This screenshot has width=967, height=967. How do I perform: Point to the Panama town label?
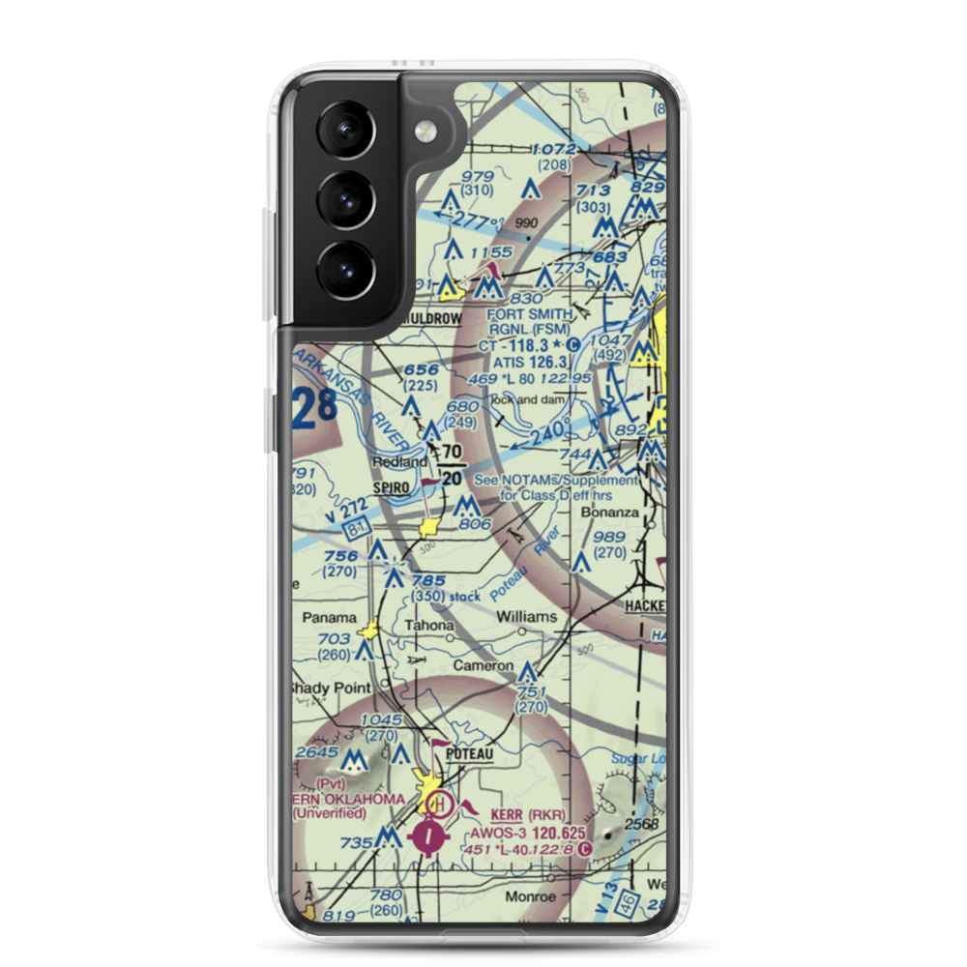(x=329, y=617)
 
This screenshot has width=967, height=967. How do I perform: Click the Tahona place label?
(x=428, y=626)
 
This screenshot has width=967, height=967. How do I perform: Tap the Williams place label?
(x=526, y=616)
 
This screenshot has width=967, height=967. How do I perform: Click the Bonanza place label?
(x=612, y=513)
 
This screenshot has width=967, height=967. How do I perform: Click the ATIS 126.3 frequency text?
(x=528, y=361)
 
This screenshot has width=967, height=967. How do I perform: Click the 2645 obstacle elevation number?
(x=317, y=751)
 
